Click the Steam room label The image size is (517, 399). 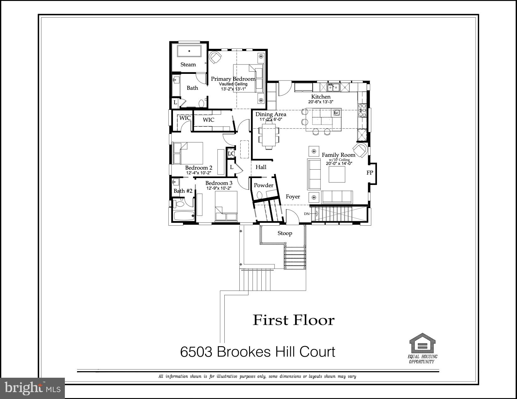pyautogui.click(x=188, y=64)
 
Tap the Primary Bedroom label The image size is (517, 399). pyautogui.click(x=233, y=79)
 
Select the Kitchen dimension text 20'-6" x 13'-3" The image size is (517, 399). pyautogui.click(x=321, y=102)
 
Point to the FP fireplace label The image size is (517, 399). pyautogui.click(x=370, y=172)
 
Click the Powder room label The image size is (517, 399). pyautogui.click(x=264, y=185)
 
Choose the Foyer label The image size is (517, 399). pyautogui.click(x=293, y=197)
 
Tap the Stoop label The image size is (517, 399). pyautogui.click(x=285, y=233)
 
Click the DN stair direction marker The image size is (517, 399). pyautogui.click(x=307, y=214)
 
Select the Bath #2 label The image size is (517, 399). pyautogui.click(x=183, y=191)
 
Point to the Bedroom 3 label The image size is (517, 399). pyautogui.click(x=219, y=183)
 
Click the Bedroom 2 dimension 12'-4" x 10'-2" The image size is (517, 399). pyautogui.click(x=199, y=173)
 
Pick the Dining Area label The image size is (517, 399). pyautogui.click(x=271, y=114)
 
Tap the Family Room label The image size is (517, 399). pyautogui.click(x=338, y=155)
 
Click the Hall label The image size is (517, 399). pyautogui.click(x=261, y=167)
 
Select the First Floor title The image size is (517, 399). pyautogui.click(x=294, y=320)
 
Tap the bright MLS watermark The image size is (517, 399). pyautogui.click(x=33, y=388)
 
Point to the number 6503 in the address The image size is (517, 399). pyautogui.click(x=196, y=352)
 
